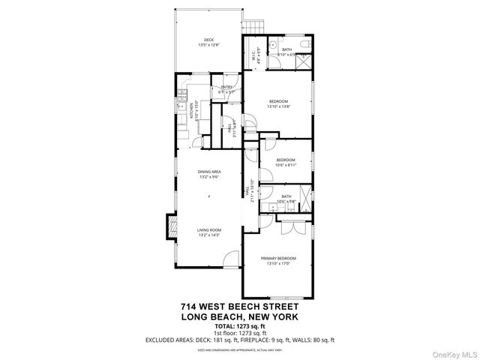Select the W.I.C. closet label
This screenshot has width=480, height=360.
coord(256,55)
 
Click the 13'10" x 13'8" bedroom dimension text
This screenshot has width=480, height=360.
coord(278,107)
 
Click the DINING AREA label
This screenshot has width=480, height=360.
coord(208,172)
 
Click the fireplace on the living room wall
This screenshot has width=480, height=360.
coord(170,228)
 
